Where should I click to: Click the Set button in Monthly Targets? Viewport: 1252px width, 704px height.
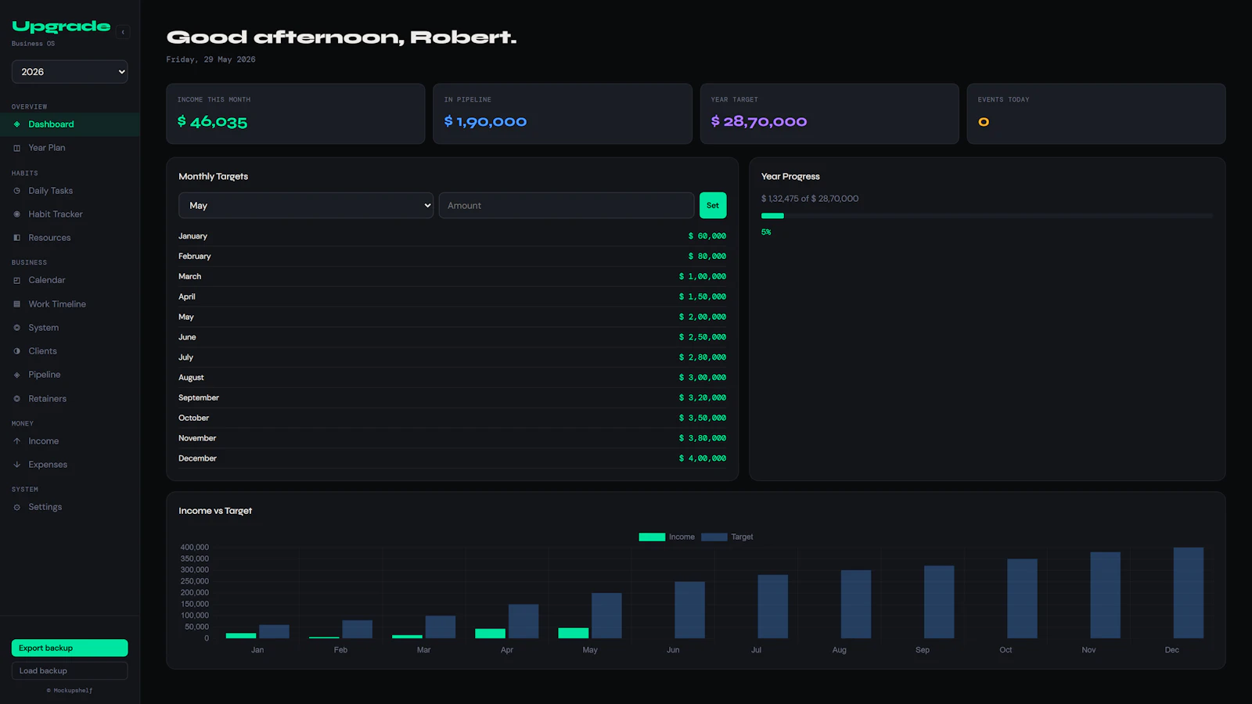point(713,206)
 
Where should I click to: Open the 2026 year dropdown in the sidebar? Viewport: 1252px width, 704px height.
point(70,71)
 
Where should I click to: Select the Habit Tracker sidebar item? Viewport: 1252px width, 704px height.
point(56,214)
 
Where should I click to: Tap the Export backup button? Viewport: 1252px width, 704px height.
point(70,648)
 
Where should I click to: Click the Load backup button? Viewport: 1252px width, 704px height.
point(70,670)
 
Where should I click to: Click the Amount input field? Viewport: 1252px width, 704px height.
point(567,206)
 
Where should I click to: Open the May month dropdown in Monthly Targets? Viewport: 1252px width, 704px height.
point(306,206)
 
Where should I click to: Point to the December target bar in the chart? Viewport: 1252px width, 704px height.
point(1189,593)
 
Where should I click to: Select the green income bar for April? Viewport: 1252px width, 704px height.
point(490,634)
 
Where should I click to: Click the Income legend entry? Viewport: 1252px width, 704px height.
point(667,537)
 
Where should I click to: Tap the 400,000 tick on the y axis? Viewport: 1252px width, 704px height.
point(195,547)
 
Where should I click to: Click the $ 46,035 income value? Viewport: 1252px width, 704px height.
point(212,122)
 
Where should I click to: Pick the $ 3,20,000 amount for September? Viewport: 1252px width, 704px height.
point(703,398)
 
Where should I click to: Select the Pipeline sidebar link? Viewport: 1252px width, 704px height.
point(44,375)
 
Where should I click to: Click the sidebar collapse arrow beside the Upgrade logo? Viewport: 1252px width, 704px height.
point(123,32)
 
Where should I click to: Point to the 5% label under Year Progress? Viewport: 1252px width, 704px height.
point(766,232)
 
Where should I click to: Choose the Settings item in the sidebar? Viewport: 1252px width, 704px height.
point(45,507)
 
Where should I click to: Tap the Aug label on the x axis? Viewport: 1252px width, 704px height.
point(839,650)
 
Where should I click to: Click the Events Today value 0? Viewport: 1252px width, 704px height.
point(984,122)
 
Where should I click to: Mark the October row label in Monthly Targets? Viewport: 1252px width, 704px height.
point(193,418)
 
